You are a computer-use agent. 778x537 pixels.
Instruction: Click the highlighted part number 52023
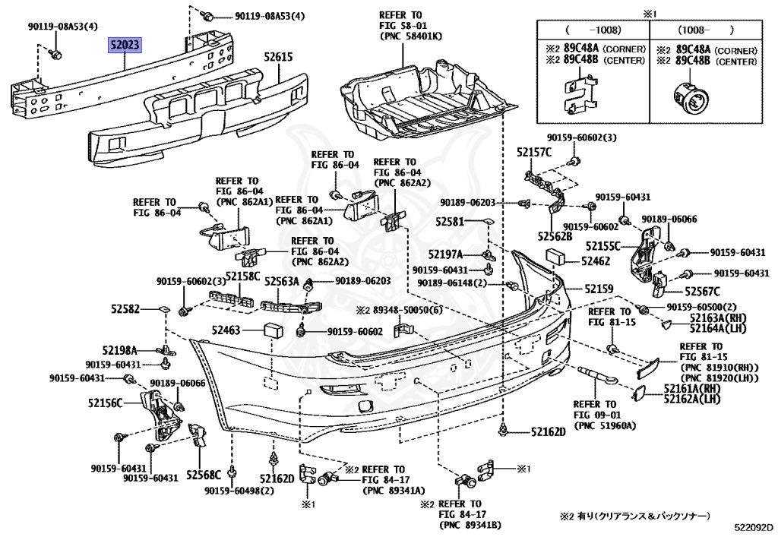tap(124, 46)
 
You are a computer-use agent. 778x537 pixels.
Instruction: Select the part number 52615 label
tap(279, 56)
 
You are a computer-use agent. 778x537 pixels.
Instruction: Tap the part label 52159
tap(598, 289)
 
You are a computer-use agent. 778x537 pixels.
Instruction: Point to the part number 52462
tap(596, 261)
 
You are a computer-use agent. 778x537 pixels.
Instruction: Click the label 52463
tap(226, 330)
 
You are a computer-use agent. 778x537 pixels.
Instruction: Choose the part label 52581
tap(449, 223)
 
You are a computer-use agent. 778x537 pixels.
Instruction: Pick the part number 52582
tap(125, 309)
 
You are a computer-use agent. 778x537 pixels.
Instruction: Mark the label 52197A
tap(444, 254)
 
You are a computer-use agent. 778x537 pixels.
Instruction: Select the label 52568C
tap(204, 475)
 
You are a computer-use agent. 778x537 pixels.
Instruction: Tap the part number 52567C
tap(702, 292)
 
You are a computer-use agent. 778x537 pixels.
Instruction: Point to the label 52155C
tap(603, 245)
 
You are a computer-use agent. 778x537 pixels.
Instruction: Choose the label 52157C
tap(534, 153)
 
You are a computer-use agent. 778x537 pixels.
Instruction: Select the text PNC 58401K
tap(411, 36)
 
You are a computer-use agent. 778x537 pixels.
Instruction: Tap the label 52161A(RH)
tap(691, 388)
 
